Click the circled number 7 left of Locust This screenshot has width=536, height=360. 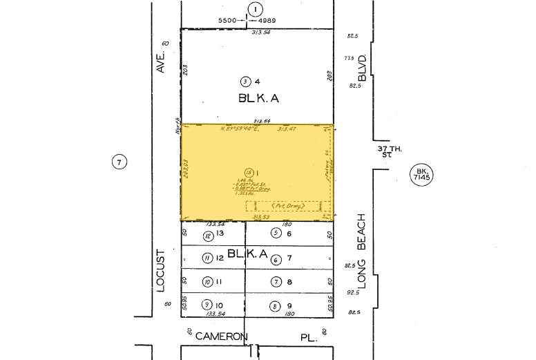[119, 163]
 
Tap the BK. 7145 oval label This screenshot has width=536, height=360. [421, 173]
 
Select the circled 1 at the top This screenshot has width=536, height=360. [255, 9]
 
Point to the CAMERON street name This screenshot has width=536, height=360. [221, 337]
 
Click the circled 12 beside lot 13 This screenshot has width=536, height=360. [207, 236]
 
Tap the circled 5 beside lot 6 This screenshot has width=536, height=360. [275, 233]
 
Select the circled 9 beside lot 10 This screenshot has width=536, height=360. [207, 305]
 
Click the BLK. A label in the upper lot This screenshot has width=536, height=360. [258, 99]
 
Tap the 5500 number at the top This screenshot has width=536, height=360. [227, 21]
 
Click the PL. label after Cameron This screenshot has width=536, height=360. [309, 337]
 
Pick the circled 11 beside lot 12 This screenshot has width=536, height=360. [207, 258]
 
